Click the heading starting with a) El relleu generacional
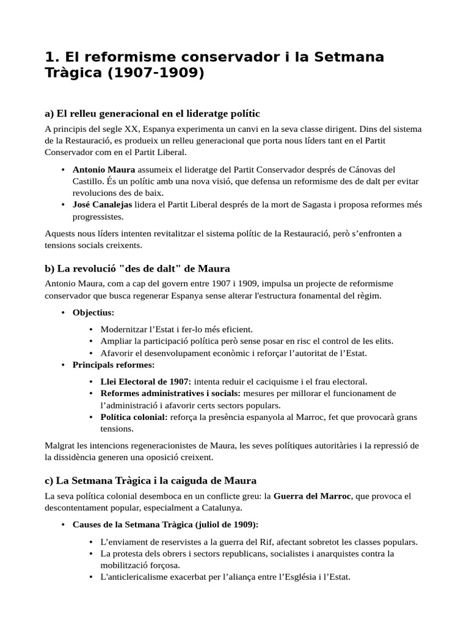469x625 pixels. (152, 113)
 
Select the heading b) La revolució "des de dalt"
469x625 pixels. (137, 269)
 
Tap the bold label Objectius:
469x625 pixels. (93, 312)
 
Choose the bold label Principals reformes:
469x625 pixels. (114, 365)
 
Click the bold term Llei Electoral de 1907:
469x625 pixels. (146, 381)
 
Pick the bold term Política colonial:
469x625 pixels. (134, 417)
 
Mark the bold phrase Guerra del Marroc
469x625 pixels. (312, 496)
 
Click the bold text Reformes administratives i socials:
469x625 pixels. (170, 393)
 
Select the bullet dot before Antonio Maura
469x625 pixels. (64, 169)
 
